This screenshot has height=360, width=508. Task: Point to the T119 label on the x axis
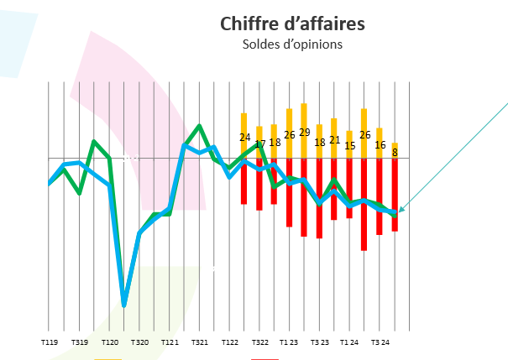[x=50, y=342]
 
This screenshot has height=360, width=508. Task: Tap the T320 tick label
[x=139, y=342]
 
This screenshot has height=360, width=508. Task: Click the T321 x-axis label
[x=200, y=342]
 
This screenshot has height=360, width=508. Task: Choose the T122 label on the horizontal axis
[x=230, y=342]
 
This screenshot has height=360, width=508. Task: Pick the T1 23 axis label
[x=290, y=342]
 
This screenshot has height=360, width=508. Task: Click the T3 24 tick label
[x=380, y=342]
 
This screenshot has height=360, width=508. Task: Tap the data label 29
[x=304, y=132]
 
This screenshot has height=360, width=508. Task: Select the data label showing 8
[x=395, y=153]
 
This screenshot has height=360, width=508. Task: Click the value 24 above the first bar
[x=244, y=137]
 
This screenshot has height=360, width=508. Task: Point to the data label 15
[x=349, y=146]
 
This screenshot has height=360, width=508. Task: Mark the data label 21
[x=334, y=139]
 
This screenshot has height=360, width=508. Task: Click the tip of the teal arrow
[x=399, y=211]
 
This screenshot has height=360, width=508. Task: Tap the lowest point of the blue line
[x=124, y=304]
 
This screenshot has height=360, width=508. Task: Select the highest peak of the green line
[x=200, y=126]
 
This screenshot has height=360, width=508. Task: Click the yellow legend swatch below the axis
[x=107, y=358]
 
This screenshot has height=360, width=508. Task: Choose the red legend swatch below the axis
[x=264, y=358]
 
